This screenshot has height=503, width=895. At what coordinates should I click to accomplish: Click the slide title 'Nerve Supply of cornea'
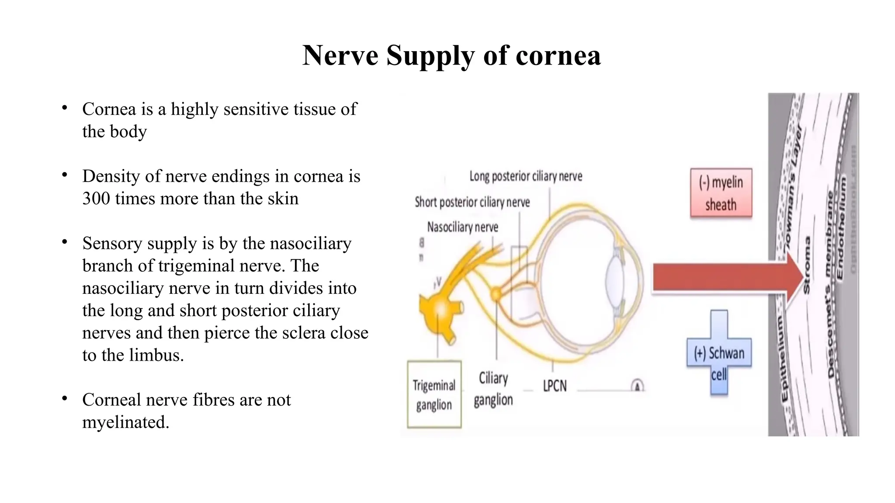pos(451,56)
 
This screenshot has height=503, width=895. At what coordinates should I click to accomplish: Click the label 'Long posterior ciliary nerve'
pos(526,176)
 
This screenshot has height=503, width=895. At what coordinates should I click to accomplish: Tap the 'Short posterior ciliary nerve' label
pos(472,202)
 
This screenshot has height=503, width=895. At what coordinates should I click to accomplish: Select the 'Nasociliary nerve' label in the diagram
pos(462,227)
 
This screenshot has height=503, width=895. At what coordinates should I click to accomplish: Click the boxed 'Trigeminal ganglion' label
pos(434,394)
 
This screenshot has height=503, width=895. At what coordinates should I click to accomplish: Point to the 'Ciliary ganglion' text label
pos(493,389)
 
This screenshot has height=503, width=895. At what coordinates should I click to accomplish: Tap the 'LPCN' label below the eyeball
pos(555,386)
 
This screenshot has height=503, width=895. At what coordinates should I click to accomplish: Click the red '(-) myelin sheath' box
pos(721,193)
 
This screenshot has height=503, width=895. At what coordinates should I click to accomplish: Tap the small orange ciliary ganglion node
pos(496,293)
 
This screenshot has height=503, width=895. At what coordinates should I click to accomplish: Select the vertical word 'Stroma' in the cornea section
pos(807,265)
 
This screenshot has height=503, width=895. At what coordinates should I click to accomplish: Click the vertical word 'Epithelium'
pos(784,358)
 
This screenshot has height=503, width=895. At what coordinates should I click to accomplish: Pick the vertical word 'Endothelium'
pos(841,227)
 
